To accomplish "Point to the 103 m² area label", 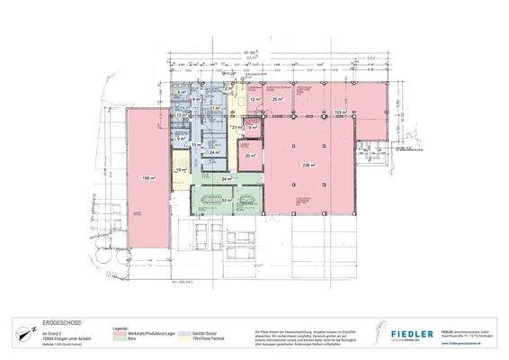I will (339, 112).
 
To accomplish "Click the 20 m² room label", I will (249, 156).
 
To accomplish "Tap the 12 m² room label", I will (254, 100).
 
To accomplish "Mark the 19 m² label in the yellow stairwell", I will (181, 168).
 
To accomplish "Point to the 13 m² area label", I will (179, 116).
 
